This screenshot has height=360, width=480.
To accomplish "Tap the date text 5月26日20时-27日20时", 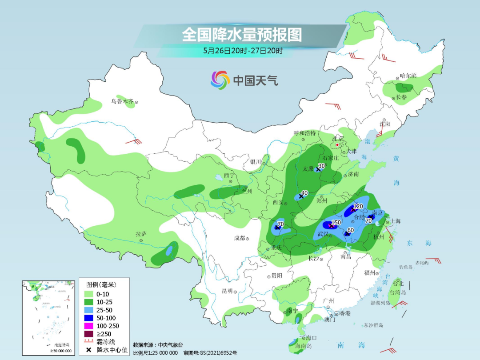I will [243, 51].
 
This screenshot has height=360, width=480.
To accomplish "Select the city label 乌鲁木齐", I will [122, 102].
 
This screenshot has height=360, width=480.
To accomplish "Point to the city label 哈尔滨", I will [408, 76].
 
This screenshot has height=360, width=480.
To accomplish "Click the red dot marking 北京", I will [338, 145].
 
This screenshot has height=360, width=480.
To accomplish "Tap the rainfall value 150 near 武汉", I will [336, 222].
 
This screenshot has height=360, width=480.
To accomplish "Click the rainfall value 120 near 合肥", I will [358, 206].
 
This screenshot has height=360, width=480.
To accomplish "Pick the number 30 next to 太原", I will [322, 166].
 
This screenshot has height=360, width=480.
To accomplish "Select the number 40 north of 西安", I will [304, 193].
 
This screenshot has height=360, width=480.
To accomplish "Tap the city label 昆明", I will [227, 291].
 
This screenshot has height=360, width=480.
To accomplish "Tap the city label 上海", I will [395, 221].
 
